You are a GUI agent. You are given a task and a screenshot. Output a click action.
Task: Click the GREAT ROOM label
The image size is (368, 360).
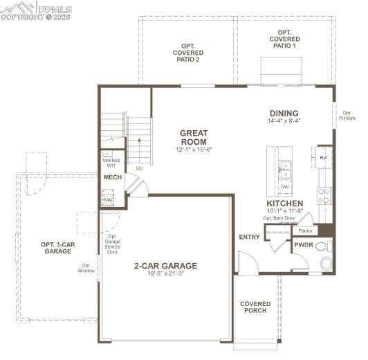pos(194,137)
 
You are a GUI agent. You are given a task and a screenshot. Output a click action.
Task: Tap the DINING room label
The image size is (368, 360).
pos(284,114)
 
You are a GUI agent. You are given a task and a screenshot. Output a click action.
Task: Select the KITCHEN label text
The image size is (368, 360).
pos(284,204)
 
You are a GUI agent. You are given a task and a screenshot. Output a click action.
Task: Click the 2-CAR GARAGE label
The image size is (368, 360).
pos(165,265)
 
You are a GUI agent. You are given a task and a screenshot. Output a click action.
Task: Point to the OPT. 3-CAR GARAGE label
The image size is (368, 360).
pos(57,248)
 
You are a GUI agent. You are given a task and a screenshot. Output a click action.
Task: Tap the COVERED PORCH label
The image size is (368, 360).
pos(255,307)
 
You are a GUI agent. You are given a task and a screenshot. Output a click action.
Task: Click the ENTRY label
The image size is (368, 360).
pos(249,237)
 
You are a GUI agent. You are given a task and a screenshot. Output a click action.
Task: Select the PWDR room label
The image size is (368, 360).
pos(304,245)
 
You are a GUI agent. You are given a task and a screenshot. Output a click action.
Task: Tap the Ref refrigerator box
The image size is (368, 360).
pos(323,158)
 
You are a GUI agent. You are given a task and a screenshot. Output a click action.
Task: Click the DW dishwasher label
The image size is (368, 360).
pos(284,187)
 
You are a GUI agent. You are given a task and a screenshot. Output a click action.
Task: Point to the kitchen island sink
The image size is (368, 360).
pos(285,166)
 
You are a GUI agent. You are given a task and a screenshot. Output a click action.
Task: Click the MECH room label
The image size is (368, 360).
pos(112,178)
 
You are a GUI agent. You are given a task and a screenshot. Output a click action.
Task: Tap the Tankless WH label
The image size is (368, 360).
pos(111,163)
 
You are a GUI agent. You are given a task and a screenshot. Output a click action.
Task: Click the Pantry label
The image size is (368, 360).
pos(305,231)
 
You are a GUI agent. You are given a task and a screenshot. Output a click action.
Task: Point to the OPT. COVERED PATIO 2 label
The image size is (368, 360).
pos(187,53)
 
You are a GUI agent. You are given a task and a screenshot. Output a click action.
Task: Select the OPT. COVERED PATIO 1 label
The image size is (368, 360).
pos(284,39)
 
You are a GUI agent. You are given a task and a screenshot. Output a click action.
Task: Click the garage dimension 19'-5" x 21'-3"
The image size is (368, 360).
pos(165,273)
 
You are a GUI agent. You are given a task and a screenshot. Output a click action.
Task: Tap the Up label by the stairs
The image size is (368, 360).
pos(139,168)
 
